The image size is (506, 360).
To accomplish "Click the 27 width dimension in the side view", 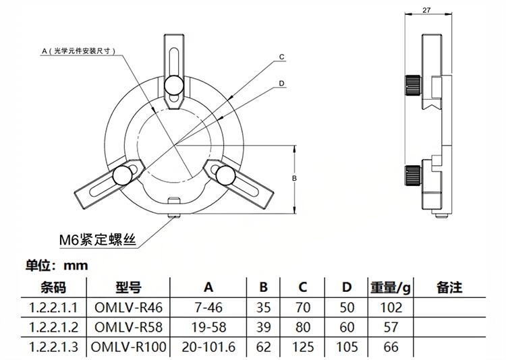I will [425, 10].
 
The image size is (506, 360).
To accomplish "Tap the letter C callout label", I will [283, 57].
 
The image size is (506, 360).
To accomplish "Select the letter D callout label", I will [283, 84].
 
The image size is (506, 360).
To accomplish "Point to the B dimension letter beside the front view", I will [295, 178].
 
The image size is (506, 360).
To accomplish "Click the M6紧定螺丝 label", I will [98, 239].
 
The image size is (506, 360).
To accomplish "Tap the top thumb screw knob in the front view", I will [174, 84].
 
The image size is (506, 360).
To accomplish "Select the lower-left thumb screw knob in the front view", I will [123, 175].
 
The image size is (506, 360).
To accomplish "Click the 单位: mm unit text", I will [57, 265].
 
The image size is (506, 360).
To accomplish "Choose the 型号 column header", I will [128, 287].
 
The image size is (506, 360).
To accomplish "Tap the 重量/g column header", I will [390, 287].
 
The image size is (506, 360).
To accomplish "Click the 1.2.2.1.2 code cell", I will [55, 328].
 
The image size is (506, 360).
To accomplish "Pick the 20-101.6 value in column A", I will [208, 348].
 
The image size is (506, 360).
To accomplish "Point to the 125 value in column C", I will [303, 348].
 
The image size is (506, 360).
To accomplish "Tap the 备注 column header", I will [449, 287].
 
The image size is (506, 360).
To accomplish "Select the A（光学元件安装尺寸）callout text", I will [80, 51].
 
